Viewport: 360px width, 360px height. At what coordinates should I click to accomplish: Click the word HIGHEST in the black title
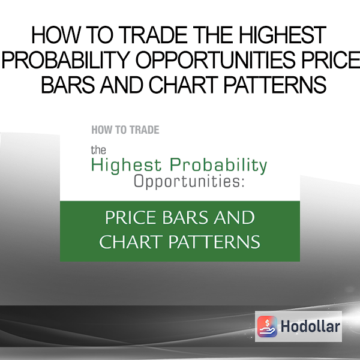pos(283,35)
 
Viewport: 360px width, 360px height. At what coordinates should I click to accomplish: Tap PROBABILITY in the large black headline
pos(66,61)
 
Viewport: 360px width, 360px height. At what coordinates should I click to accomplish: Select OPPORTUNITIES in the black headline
pos(215,59)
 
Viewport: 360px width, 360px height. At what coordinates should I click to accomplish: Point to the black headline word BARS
pos(68,85)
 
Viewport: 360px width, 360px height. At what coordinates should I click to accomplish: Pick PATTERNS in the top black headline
pos(275,85)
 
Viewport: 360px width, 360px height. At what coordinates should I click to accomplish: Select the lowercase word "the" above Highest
pos(98,151)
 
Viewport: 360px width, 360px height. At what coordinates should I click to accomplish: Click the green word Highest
pos(126,166)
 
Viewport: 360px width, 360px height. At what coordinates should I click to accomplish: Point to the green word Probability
pos(218,166)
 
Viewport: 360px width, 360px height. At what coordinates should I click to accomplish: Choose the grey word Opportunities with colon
pos(189,182)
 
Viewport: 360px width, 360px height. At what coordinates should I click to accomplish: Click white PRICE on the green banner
pos(131,217)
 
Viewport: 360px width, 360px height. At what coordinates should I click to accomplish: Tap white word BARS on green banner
pos(185,217)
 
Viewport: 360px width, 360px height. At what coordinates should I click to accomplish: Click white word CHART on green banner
pos(131,242)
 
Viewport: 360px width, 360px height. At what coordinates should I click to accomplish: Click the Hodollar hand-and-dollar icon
pos(267,326)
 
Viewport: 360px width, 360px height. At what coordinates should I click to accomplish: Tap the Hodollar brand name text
pos(310,326)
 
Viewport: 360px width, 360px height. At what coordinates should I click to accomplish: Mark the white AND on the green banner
pos(234,217)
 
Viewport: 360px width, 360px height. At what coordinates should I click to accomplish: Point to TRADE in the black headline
pos(153,35)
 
